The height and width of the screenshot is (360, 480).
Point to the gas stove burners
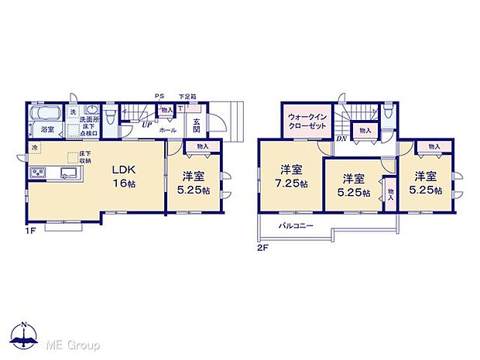pos(37,171)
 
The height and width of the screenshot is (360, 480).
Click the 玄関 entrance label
pos(197,126)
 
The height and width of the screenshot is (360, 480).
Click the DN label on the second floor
pos(341,139)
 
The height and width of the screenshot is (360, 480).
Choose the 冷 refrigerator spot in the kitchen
pos(34,147)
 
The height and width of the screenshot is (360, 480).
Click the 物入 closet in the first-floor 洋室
pos(203,146)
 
